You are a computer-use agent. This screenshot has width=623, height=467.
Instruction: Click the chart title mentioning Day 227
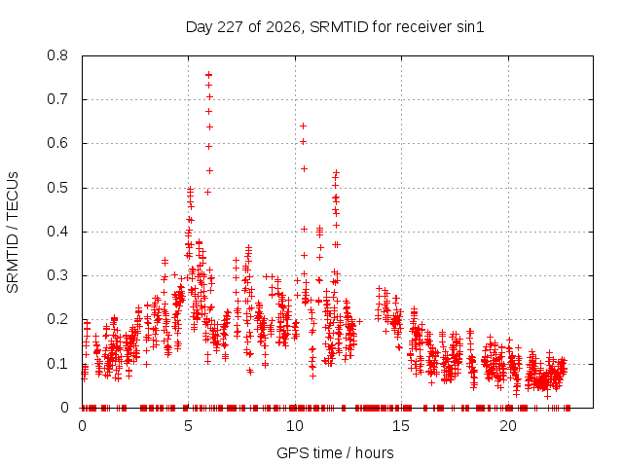coord(335,27)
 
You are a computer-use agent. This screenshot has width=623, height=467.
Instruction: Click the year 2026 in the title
coord(283,27)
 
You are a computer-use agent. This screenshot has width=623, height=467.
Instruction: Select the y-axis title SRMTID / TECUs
coord(13,233)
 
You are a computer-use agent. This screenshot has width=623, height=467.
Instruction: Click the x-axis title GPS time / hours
coord(335,452)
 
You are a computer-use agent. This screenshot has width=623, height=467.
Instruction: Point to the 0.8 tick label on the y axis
coord(57,55)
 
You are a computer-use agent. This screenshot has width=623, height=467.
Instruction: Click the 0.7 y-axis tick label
coord(57,99)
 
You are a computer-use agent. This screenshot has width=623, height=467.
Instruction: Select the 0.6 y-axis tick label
coord(57,143)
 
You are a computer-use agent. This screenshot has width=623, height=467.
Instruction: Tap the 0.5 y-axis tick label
coord(57,188)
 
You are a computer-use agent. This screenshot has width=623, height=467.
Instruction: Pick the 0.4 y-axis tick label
coord(57,232)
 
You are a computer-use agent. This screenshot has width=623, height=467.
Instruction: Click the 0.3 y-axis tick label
coord(57,275)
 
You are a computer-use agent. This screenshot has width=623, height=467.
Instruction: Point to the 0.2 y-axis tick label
coord(57,320)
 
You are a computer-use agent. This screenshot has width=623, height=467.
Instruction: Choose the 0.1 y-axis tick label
coord(57,364)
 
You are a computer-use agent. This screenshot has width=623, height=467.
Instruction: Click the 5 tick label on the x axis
coord(188,426)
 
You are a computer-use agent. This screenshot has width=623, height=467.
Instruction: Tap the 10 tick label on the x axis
coord(295,426)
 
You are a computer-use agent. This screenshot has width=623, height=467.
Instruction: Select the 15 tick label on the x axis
coord(401,426)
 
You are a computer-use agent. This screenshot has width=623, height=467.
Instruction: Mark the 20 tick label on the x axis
coord(508,426)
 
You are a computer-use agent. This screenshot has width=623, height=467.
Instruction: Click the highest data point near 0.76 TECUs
coord(208,75)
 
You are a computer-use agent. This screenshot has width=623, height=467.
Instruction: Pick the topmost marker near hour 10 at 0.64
coord(303,126)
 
